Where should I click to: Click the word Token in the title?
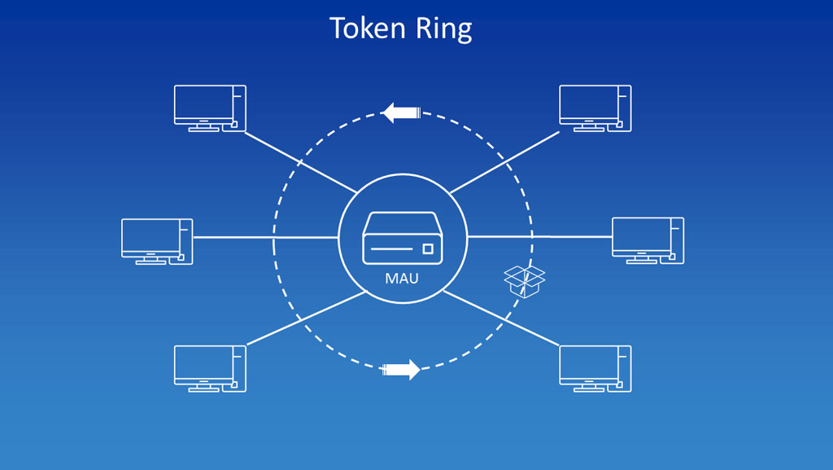(x=368, y=28)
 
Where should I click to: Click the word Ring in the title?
(x=443, y=30)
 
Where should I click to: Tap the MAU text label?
(x=402, y=278)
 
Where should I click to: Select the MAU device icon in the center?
(x=402, y=238)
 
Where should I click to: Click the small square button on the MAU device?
(x=428, y=248)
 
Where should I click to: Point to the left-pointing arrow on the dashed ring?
(x=402, y=112)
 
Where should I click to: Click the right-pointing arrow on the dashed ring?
(x=401, y=370)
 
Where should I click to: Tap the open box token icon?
(x=524, y=282)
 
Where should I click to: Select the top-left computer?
(x=210, y=108)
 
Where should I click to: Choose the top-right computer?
(x=595, y=108)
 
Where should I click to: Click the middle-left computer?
(x=157, y=241)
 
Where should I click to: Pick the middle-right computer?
(x=648, y=240)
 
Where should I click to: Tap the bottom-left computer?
(x=210, y=369)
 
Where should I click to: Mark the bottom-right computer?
(x=595, y=369)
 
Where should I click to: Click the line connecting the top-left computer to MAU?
(x=300, y=162)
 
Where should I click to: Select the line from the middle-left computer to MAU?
(x=266, y=237)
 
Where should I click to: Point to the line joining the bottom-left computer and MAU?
(x=307, y=318)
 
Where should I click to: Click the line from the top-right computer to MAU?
(x=504, y=162)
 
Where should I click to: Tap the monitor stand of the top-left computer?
(x=204, y=125)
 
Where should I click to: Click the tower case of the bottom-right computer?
(x=625, y=369)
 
